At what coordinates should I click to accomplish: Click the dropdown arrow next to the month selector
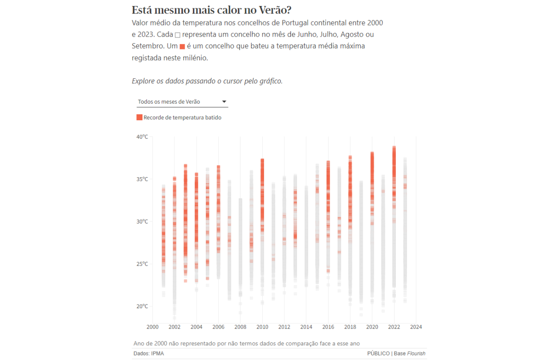point(224,101)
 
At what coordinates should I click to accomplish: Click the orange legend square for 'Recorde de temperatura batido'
point(139,118)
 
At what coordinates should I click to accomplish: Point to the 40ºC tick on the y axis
point(142,137)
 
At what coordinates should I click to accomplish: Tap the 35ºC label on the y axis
point(142,179)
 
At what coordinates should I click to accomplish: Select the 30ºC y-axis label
point(142,222)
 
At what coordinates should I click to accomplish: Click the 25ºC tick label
point(142,264)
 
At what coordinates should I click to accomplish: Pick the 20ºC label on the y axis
point(142,306)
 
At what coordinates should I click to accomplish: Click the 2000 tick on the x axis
point(152,327)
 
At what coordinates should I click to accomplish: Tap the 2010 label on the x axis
point(262,327)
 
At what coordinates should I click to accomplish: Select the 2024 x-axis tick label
point(416,327)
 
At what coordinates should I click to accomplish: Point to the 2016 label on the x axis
point(328,327)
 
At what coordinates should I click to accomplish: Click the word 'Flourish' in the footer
point(417,354)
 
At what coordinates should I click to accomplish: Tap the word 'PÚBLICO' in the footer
point(378,354)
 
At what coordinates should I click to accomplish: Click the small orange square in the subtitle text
point(182,46)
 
